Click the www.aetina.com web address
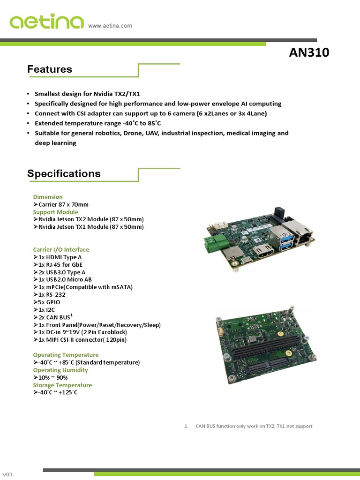tap(110, 26)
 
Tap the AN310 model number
tap(309, 52)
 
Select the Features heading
tap(50, 69)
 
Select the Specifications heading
tap(64, 173)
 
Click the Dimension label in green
tap(48, 197)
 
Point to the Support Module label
tap(55, 212)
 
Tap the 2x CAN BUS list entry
tap(53, 317)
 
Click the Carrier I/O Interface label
tap(61, 249)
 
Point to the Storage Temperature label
tap(62, 385)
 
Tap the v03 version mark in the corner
tap(7, 474)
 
